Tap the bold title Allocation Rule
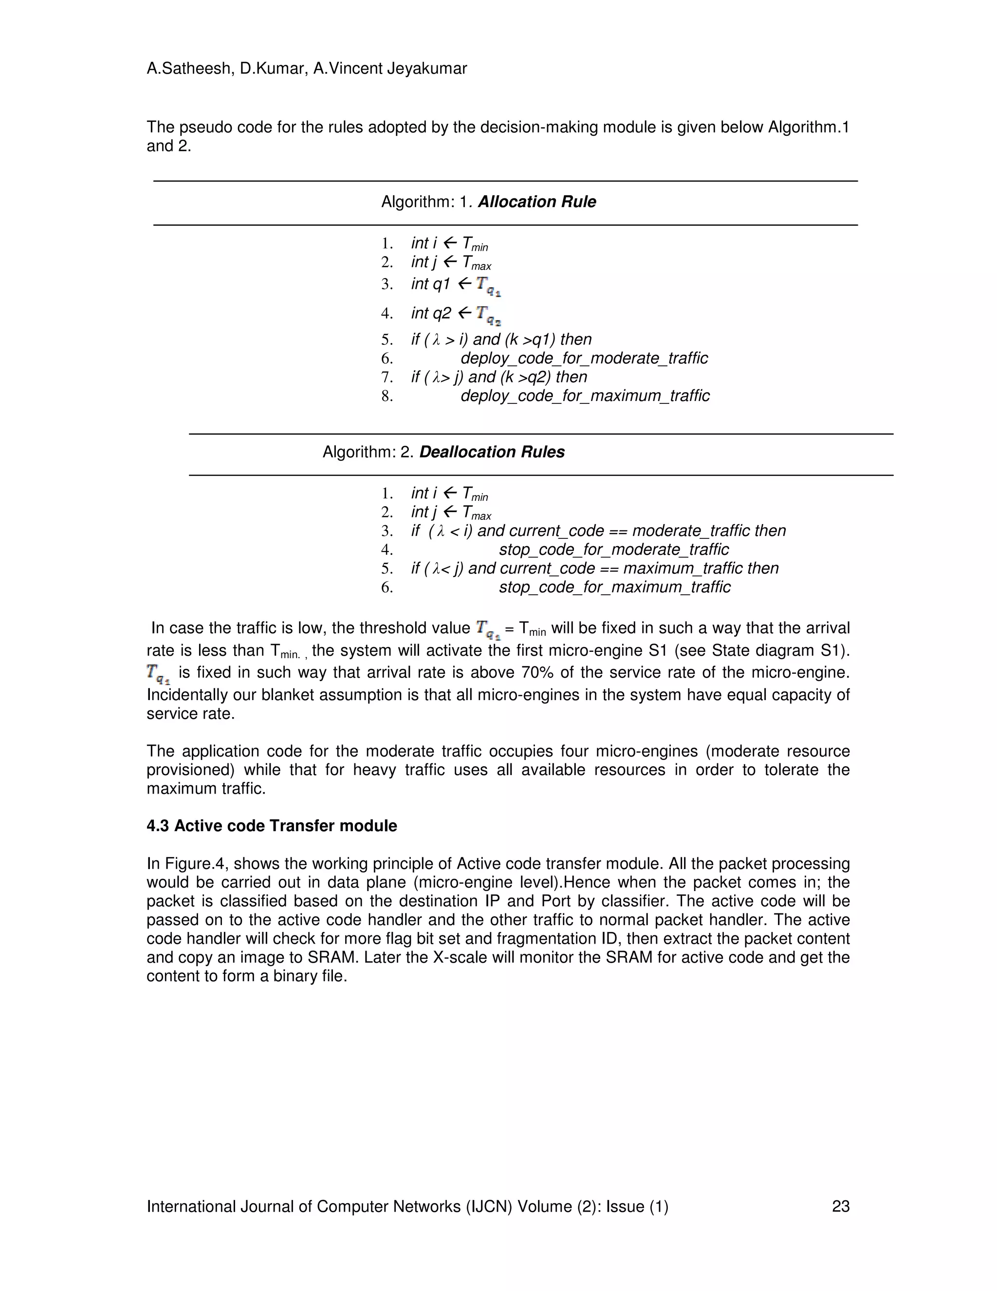click(x=536, y=202)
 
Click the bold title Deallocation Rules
click(x=491, y=452)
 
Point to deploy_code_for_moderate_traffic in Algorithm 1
click(x=584, y=358)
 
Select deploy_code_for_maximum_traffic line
click(x=585, y=396)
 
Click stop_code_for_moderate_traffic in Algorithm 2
click(x=614, y=550)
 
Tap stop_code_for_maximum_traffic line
click(x=614, y=587)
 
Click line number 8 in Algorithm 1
click(x=387, y=396)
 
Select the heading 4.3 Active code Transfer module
click(x=272, y=826)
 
